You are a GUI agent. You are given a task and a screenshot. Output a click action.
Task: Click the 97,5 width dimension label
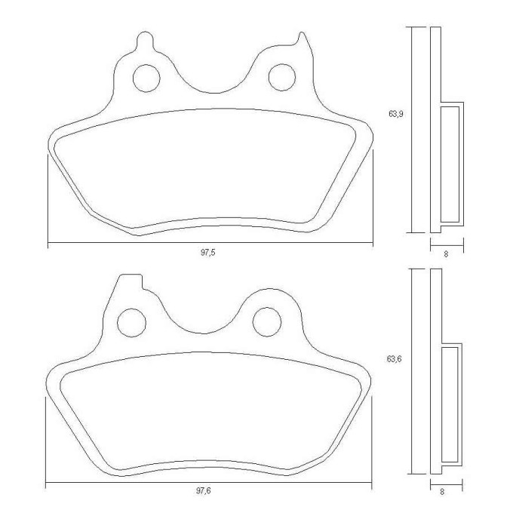click(x=208, y=253)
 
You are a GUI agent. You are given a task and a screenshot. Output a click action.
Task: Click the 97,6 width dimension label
click(x=204, y=491)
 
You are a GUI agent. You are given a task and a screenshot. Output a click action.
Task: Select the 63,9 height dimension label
click(x=396, y=114)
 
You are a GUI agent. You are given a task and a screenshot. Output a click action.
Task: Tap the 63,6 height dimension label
click(x=394, y=359)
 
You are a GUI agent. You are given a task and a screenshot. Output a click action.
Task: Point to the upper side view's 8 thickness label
click(x=446, y=254)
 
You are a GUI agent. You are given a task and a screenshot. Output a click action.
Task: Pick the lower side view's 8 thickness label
click(x=443, y=491)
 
